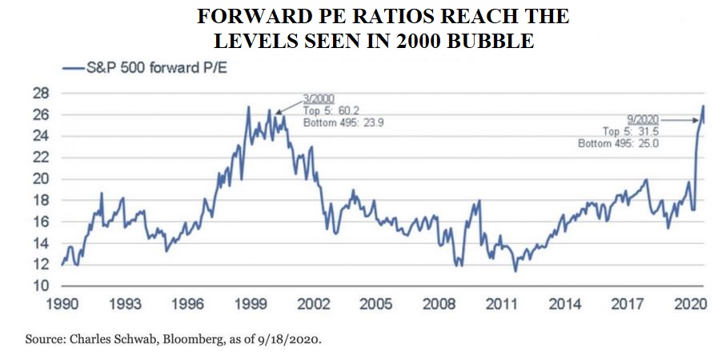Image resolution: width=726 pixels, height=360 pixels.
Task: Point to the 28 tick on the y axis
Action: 42,93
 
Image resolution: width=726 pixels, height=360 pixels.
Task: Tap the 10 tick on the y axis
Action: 42,286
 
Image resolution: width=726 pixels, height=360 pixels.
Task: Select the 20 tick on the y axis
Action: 42,178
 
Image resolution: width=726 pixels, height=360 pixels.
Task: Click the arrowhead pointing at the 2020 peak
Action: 697,120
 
